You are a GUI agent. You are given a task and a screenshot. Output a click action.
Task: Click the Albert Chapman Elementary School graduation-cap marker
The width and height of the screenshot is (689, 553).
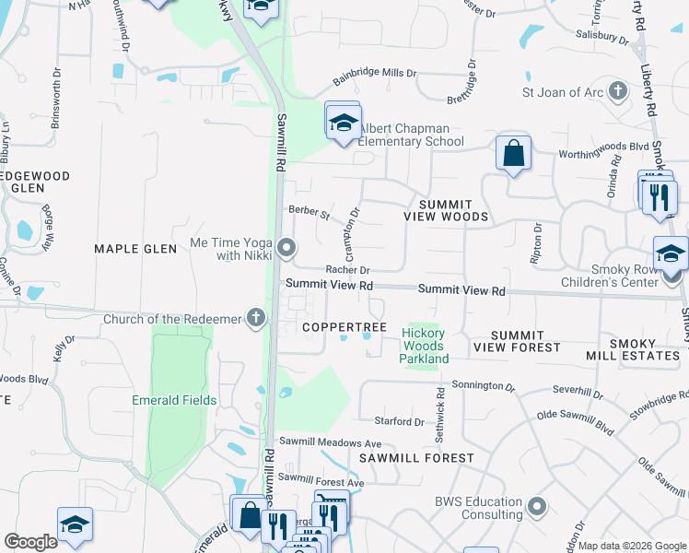pos(343,123)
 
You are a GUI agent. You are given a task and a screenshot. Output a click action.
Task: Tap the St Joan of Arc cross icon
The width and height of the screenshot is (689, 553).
pos(618,91)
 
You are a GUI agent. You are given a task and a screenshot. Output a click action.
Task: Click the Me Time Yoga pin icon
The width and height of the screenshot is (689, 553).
pos(287,248)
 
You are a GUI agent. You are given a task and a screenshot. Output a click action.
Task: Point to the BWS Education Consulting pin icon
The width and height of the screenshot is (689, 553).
pos(538,507)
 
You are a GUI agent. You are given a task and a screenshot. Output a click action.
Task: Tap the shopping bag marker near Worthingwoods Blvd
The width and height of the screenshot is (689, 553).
pos(513,153)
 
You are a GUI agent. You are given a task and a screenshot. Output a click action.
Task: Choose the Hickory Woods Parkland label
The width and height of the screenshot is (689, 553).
pos(424,346)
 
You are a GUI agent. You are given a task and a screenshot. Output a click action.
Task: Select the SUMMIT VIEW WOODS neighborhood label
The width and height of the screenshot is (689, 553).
pos(445,209)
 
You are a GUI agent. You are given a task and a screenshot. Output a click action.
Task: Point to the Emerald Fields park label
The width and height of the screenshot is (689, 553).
pos(174,400)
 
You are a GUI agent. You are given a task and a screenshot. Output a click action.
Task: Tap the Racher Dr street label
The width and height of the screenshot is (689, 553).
pos(347,270)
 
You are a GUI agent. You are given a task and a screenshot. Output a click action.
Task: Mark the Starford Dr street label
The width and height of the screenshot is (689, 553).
pos(400,422)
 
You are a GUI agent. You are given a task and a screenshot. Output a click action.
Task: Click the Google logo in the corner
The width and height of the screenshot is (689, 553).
pos(30,542)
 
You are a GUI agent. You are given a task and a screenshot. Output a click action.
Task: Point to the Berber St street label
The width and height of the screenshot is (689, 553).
pos(309,213)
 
